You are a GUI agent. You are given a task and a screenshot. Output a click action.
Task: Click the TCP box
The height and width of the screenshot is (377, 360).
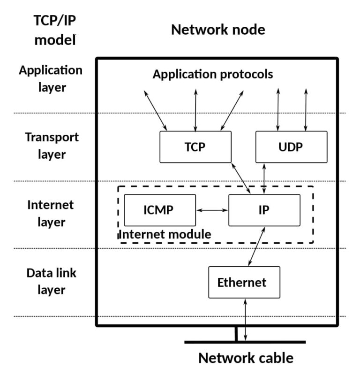[x=195, y=147]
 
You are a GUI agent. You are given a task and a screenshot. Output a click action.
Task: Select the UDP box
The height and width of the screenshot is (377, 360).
[x=291, y=147]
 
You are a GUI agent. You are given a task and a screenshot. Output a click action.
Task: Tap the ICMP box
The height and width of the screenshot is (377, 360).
[x=159, y=210]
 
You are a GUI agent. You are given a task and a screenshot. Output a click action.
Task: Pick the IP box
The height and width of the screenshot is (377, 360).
[x=264, y=210]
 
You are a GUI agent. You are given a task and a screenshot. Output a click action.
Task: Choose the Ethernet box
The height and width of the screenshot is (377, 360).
[x=244, y=282]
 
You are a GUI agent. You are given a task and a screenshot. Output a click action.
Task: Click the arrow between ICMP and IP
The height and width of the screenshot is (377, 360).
[x=212, y=210]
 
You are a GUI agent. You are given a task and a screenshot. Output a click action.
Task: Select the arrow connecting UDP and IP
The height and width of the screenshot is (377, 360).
[x=265, y=178]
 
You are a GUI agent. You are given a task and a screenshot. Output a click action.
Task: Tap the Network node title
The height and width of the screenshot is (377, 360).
[x=218, y=30]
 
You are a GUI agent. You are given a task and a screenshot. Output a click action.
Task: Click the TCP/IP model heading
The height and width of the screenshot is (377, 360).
[x=54, y=30]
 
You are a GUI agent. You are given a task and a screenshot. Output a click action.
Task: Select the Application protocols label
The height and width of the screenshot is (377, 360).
[x=213, y=74]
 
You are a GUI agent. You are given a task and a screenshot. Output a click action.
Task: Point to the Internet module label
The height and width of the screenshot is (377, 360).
[x=165, y=234]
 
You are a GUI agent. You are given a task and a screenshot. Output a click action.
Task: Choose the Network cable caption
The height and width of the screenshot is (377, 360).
[x=246, y=358]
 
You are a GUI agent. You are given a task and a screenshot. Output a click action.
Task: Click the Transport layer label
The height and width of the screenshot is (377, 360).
[x=52, y=146]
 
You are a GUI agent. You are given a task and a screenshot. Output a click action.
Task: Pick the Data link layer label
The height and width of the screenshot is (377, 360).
[x=52, y=281]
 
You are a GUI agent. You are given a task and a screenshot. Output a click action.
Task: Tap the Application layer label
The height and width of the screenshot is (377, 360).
[x=51, y=78]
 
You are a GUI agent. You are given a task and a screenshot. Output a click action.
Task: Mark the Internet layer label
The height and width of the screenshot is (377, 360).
[x=51, y=213]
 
